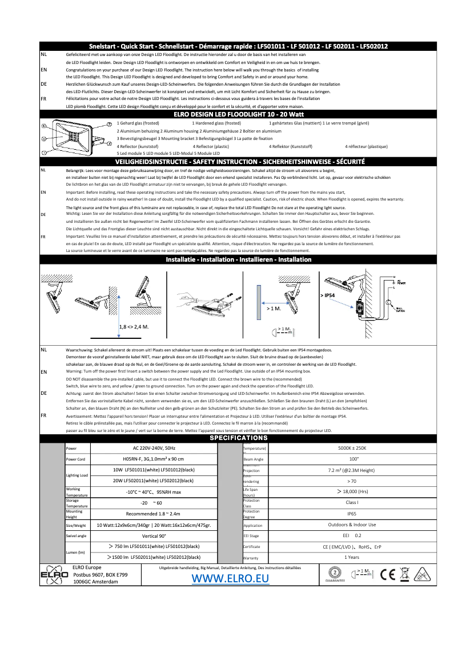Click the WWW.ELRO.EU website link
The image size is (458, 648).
click(x=230, y=578)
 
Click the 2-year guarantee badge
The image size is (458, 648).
click(x=334, y=574)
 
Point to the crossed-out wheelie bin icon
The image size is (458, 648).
click(x=405, y=574)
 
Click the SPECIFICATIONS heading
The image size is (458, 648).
click(x=239, y=438)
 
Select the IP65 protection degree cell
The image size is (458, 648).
click(x=352, y=514)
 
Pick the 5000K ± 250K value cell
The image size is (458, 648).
click(x=352, y=448)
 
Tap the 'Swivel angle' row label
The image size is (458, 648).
click(x=76, y=536)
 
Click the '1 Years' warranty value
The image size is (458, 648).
click(x=352, y=557)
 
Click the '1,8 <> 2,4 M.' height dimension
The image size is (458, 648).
click(x=134, y=327)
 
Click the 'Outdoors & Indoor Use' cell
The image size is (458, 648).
click(x=352, y=525)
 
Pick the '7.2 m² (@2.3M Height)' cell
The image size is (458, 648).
click(x=352, y=470)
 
